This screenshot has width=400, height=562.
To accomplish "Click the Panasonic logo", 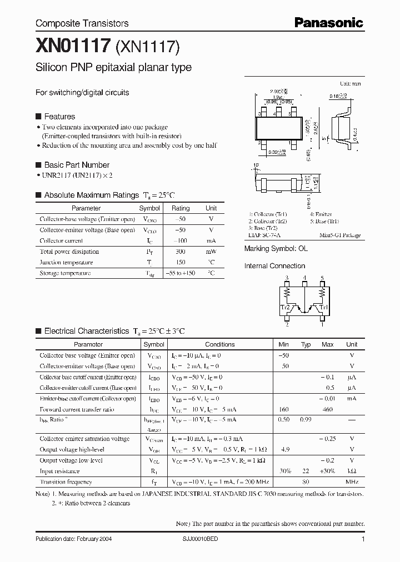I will pyautogui.click(x=328, y=23).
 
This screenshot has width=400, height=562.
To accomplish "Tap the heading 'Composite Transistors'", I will pyautogui.click(x=82, y=23).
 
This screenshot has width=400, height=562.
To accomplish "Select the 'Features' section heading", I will pyautogui.click(x=59, y=117).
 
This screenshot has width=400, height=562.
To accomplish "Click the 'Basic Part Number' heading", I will pyautogui.click(x=76, y=165).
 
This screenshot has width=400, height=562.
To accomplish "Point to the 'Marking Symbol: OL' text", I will pyautogui.click(x=276, y=249).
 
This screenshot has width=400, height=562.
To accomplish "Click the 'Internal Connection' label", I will pyautogui.click(x=274, y=266).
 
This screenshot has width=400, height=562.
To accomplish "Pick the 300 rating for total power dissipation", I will pyautogui.click(x=180, y=252).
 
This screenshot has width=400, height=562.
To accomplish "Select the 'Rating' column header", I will pyautogui.click(x=181, y=208).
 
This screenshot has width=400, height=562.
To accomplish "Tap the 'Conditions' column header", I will pyautogui.click(x=220, y=344).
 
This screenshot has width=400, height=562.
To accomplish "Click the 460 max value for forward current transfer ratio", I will pyautogui.click(x=327, y=409).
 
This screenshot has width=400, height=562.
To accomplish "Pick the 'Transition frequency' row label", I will pyautogui.click(x=66, y=482).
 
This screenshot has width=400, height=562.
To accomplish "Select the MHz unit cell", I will pyautogui.click(x=351, y=482).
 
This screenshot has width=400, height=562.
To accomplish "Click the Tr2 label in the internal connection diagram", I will pyautogui.click(x=285, y=306).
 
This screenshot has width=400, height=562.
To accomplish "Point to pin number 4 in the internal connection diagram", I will pyautogui.click(x=304, y=278).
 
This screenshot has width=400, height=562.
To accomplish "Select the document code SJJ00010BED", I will pyautogui.click(x=201, y=539).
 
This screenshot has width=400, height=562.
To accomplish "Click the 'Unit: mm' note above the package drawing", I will pyautogui.click(x=350, y=83).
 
